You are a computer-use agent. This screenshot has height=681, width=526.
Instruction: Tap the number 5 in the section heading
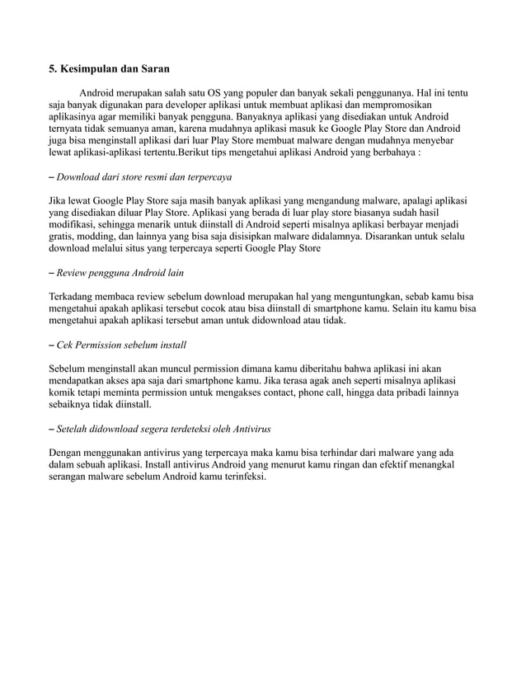pos(52,69)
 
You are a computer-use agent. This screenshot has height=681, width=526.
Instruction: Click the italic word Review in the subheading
pos(74,271)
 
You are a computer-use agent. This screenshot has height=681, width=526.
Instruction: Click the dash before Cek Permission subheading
pos(52,343)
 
